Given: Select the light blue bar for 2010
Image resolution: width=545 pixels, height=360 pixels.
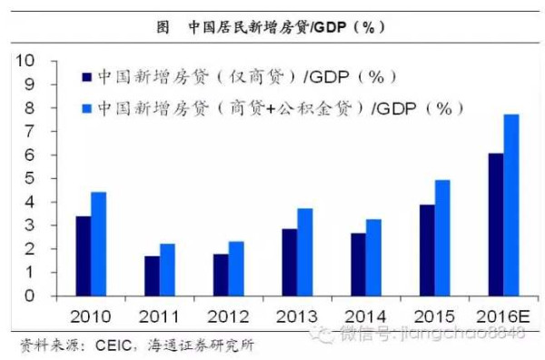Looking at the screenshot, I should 98,244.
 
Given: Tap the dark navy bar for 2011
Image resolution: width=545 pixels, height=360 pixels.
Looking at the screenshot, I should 152,275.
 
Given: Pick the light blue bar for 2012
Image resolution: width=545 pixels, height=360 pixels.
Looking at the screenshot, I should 236,268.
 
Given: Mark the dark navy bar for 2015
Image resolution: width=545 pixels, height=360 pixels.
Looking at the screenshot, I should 426,250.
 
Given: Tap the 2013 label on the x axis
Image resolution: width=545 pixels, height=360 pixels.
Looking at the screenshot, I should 296,316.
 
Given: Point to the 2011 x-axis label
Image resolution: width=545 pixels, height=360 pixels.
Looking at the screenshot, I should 159,316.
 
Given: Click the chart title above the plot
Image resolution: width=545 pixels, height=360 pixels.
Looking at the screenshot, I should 272,26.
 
